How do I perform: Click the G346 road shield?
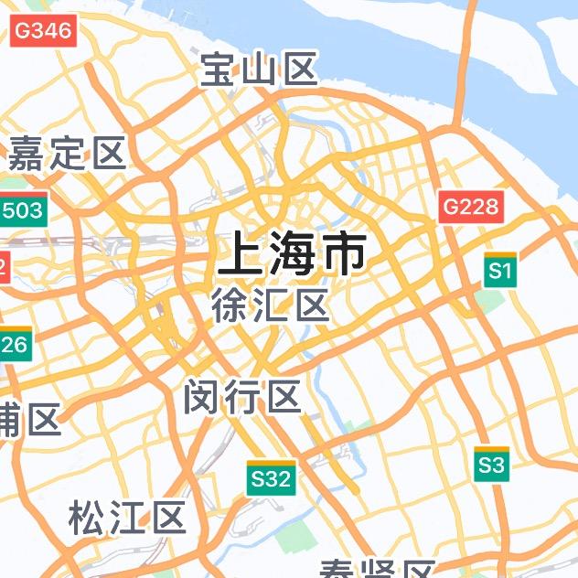(42, 30)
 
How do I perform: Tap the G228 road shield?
(471, 207)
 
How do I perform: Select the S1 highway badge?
(499, 271)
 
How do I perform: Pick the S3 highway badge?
(491, 465)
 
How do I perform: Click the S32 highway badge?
(271, 477)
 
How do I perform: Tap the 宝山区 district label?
(259, 70)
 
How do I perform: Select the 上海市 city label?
(293, 254)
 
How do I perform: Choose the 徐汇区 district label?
(270, 305)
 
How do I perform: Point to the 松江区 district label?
(127, 518)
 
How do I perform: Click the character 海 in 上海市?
(293, 254)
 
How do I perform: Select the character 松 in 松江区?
(87, 518)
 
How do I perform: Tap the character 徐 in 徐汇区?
(230, 305)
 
